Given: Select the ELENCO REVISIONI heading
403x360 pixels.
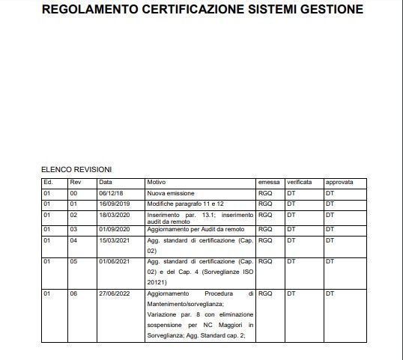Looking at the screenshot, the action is [76, 170].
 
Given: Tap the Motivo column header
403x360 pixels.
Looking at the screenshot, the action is [156, 182].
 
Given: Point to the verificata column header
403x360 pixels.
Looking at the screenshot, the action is [300, 182].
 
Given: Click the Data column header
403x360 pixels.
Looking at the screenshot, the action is [106, 182].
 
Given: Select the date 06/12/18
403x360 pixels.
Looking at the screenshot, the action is [110, 193].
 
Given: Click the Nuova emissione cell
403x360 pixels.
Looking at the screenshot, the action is [166, 193].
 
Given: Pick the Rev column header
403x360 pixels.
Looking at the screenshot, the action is [75, 182].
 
